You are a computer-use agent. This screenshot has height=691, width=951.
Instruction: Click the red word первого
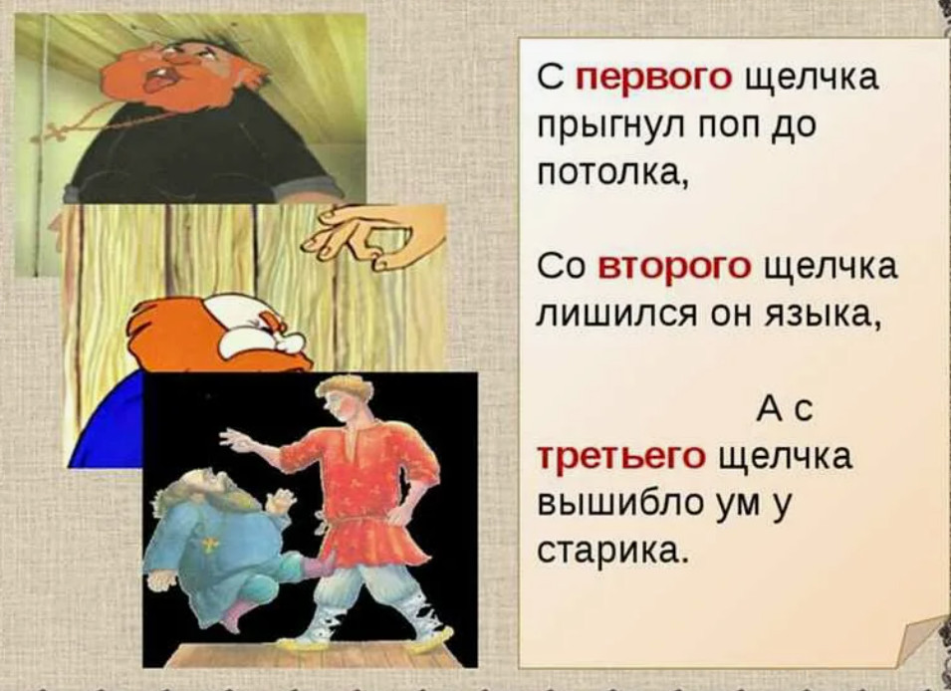pyautogui.click(x=653, y=79)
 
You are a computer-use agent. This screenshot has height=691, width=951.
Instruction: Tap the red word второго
pyautogui.click(x=674, y=268)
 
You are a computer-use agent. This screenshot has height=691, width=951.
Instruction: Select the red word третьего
pyautogui.click(x=622, y=456)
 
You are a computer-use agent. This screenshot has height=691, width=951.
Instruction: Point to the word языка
pyautogui.click(x=813, y=316)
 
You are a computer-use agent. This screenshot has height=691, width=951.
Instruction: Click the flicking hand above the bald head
pyautogui.click(x=374, y=237)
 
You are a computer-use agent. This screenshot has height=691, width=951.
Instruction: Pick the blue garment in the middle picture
pyautogui.click(x=108, y=425)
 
